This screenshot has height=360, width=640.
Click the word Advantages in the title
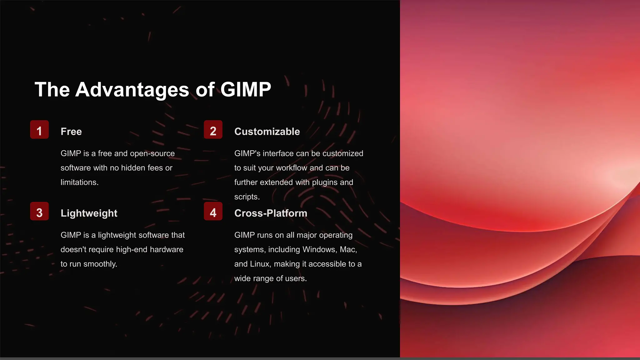coord(132,90)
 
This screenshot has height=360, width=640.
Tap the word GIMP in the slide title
coord(246,90)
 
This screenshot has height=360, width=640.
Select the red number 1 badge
coord(39,130)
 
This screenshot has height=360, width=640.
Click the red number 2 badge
coord(213,130)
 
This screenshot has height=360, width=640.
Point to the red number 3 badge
coord(39,211)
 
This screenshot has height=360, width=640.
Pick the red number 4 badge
coord(213,211)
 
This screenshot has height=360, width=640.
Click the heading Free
coord(71,132)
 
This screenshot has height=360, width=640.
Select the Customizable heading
coord(267,132)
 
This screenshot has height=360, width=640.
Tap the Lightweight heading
coord(89,213)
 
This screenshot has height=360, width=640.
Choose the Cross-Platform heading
coord(271,213)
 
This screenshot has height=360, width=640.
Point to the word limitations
coord(79,182)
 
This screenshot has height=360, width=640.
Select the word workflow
coord(292,168)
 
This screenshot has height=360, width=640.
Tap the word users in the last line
coord(297,278)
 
